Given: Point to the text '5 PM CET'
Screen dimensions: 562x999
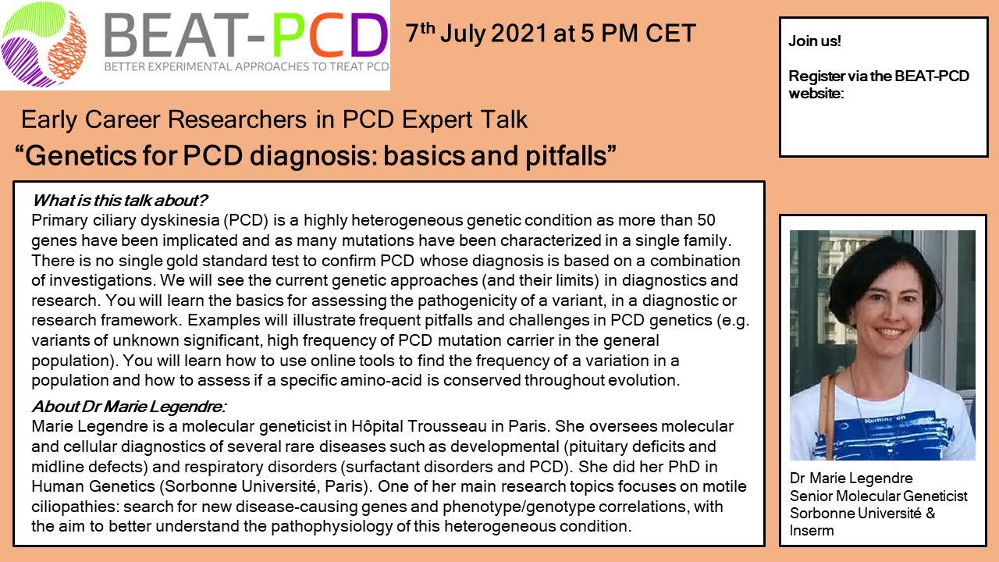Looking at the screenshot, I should (642, 34).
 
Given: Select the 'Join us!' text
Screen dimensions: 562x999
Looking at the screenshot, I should (814, 41).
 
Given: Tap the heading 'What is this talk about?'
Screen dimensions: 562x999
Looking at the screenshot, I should (120, 201).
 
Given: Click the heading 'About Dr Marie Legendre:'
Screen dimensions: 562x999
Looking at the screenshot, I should (129, 407).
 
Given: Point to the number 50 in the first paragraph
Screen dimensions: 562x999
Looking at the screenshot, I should (706, 220).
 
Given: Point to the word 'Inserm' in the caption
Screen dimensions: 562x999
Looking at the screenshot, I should (812, 531).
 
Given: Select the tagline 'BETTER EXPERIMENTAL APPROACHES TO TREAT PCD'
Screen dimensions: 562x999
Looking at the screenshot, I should (246, 68).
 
